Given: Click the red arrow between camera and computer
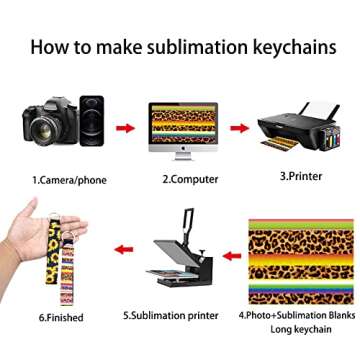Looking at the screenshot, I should click(x=124, y=130).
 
